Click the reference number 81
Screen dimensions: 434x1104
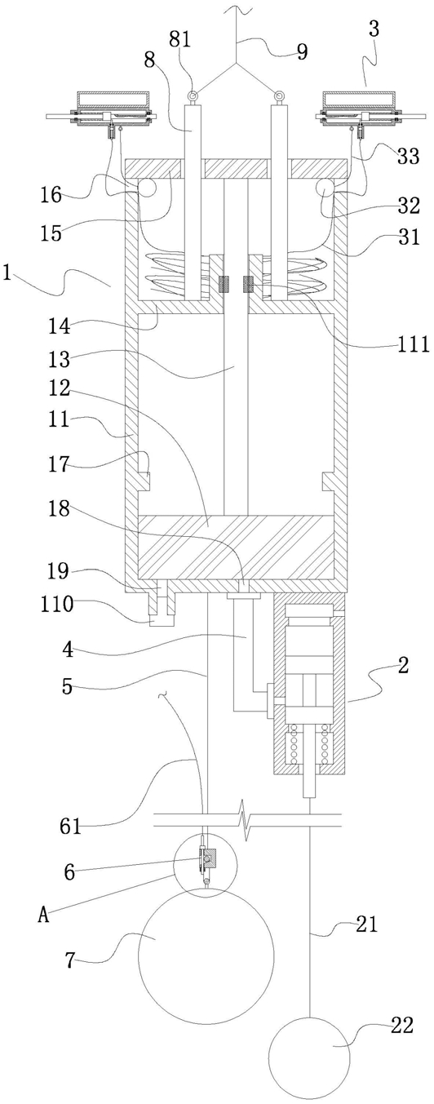pos(180,39)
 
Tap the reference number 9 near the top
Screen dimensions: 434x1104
pos(302,51)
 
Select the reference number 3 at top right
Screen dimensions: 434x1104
pos(374,29)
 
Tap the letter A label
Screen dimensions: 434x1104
pos(44,916)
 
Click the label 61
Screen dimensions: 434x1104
pos(70,826)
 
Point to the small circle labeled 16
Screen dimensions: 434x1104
pos(146,188)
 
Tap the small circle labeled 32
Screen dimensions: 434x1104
pos(325,188)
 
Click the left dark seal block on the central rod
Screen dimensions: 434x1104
pos(224,284)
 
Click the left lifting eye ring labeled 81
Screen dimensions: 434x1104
pos(193,95)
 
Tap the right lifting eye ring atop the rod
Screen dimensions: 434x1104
pos(279,95)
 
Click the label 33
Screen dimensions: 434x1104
pos(409,156)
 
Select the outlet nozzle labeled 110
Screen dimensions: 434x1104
pos(161,610)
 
